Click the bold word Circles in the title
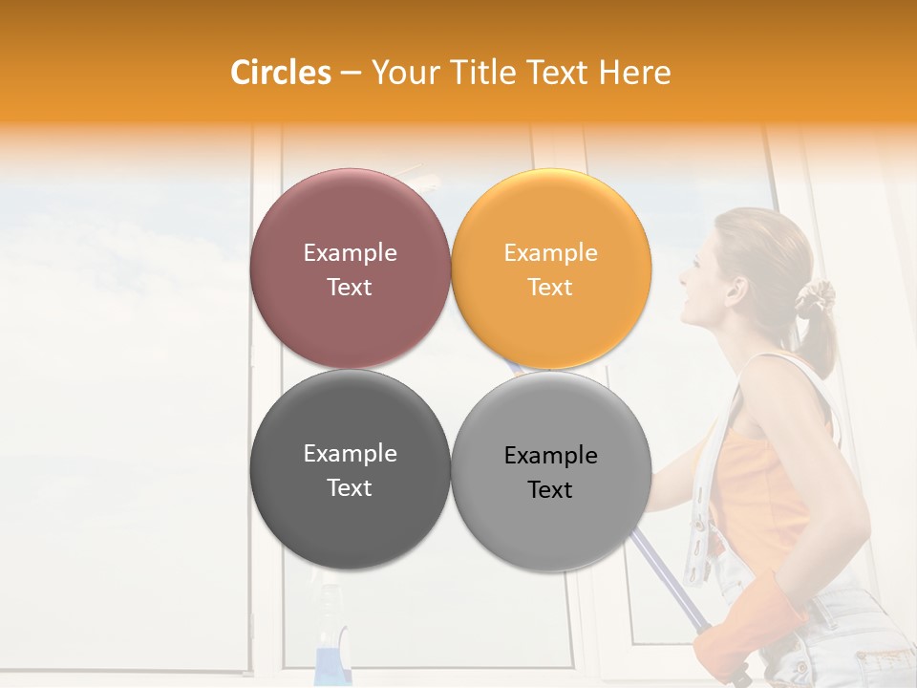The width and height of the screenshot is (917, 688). (281, 73)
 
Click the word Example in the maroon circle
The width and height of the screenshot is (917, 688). (350, 253)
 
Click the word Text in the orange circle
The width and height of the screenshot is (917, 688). (550, 288)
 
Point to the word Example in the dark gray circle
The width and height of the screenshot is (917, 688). (350, 454)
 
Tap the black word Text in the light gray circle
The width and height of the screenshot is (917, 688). (550, 490)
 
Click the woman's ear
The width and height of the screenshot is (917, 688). (736, 287)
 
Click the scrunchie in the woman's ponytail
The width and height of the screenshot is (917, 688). (815, 298)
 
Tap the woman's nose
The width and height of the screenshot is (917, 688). (682, 278)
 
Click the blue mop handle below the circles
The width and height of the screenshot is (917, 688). (669, 592)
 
